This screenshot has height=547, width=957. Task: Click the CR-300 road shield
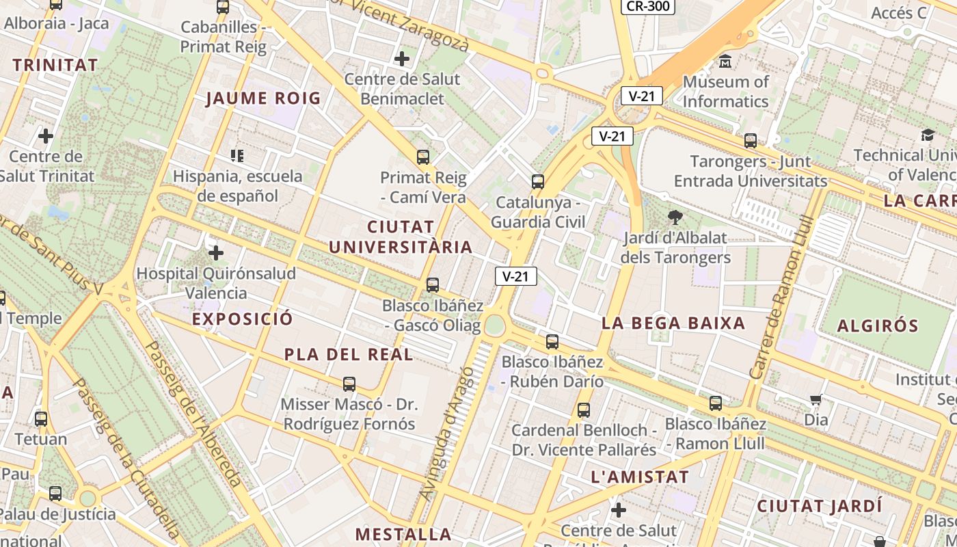pyautogui.click(x=647, y=6)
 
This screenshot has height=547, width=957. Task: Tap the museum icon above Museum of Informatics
pyautogui.click(x=725, y=62)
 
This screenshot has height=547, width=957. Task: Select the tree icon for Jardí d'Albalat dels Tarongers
pyautogui.click(x=675, y=218)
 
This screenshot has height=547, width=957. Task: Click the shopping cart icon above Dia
pyautogui.click(x=816, y=399)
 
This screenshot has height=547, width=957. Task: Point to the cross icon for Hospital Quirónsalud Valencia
pyautogui.click(x=216, y=253)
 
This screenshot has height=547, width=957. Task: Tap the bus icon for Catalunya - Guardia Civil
pyautogui.click(x=538, y=182)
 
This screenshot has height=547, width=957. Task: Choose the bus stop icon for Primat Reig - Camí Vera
pyautogui.click(x=423, y=157)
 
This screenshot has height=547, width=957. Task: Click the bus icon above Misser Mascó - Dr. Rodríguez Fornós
pyautogui.click(x=349, y=384)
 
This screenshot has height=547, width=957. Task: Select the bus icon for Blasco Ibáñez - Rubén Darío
pyautogui.click(x=552, y=342)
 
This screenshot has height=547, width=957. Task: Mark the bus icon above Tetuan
pyautogui.click(x=41, y=418)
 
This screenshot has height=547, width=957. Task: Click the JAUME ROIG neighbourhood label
pyautogui.click(x=263, y=98)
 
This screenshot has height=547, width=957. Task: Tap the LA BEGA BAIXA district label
pyautogui.click(x=673, y=323)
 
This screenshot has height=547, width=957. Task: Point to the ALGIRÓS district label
pyautogui.click(x=878, y=325)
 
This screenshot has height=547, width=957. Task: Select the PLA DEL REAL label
pyautogui.click(x=349, y=354)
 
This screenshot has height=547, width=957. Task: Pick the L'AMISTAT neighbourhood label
pyautogui.click(x=639, y=477)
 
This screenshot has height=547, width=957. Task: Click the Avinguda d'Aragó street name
pyautogui.click(x=448, y=434)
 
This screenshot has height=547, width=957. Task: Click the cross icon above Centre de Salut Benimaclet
pyautogui.click(x=402, y=59)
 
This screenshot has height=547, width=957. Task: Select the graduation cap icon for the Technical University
pyautogui.click(x=928, y=135)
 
